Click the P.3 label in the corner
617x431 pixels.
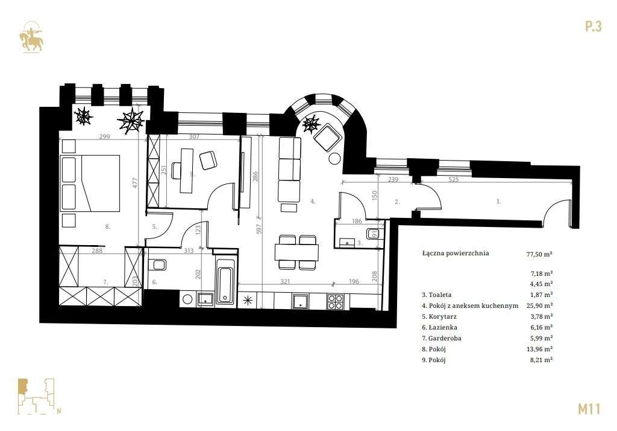pos(593,27)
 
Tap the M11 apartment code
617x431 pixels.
pos(589,409)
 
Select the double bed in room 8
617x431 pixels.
pos(90,183)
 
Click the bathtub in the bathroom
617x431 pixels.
pos(225,281)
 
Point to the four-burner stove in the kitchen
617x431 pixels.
pos(335,301)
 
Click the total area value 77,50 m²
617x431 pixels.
pos(539,254)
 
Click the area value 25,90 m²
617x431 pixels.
pos(539,306)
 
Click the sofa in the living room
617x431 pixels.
pos(289,170)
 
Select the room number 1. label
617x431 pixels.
pos(498,202)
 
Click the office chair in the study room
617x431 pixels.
pos(208,160)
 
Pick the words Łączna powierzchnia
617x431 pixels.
pos(456,254)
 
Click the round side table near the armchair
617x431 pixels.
pos(334,159)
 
